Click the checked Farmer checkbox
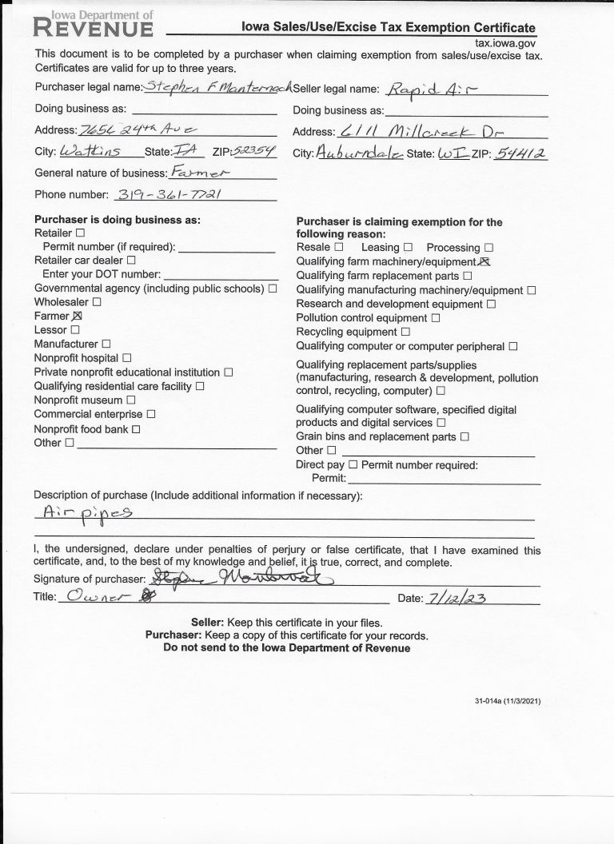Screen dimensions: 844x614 [78, 316]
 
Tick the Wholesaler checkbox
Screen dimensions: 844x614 [97, 302]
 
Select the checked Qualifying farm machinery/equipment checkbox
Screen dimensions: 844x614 [483, 261]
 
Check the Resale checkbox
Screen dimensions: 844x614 [338, 248]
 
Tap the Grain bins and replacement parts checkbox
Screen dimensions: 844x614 [464, 437]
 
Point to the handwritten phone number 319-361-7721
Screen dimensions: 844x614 [168, 194]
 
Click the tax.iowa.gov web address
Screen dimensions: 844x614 [505, 44]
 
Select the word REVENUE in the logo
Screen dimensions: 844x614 [94, 30]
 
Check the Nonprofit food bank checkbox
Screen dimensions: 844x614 [136, 429]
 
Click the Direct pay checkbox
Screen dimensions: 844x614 [353, 464]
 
